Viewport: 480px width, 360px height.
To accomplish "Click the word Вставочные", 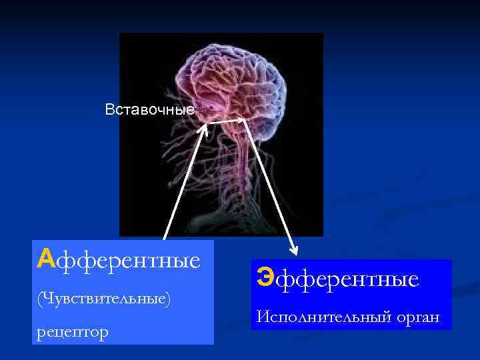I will tap(149, 109).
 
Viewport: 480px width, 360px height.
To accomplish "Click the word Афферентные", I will tap(119, 259).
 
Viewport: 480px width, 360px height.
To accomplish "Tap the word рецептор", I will tap(73, 331).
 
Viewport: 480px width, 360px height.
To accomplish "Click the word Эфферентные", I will tap(338, 278).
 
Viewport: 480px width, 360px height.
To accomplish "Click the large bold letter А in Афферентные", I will tap(45, 257).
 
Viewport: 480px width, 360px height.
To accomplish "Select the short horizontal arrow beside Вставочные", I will tap(227, 121).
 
